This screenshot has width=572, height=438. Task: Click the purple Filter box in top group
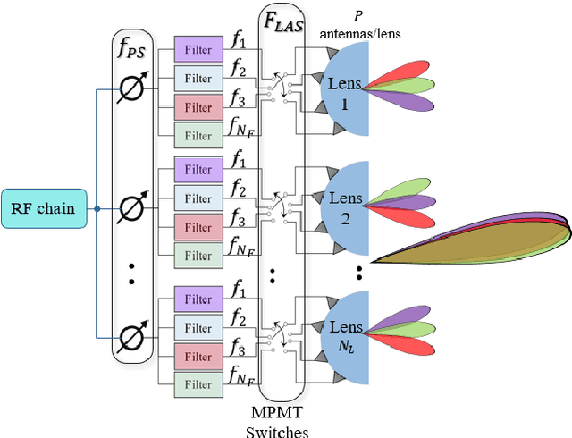pos(198,49)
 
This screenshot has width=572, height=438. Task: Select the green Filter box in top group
pos(198,135)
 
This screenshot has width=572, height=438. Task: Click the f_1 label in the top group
pos(237,40)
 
